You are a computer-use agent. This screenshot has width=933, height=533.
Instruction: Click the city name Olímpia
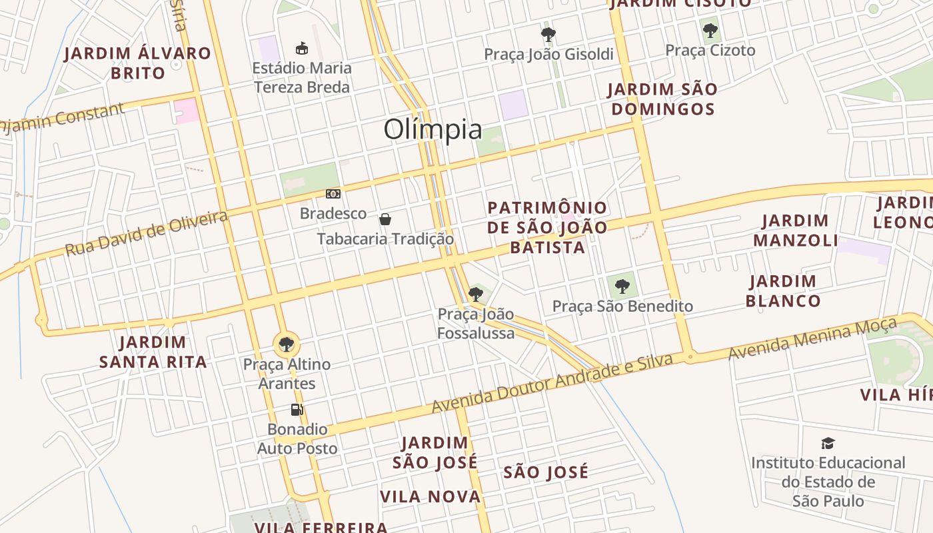pos(433,129)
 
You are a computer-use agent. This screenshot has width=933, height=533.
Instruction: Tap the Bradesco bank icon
pos(333,194)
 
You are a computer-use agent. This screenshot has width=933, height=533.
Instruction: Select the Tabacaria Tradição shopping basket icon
pos(385,219)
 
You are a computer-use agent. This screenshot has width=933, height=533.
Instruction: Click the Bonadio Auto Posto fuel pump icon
pos(297,409)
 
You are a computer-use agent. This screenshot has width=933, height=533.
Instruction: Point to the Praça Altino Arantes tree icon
pos(287,344)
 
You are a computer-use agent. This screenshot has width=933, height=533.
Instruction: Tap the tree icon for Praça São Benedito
pos(622,286)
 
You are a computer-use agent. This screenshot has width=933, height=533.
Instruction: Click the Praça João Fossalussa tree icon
pos(475,294)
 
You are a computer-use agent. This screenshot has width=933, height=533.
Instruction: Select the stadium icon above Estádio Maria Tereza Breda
pos(302,48)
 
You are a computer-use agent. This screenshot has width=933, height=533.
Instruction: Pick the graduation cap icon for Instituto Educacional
pos(828,443)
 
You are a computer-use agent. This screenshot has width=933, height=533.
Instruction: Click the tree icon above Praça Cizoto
pos(710,30)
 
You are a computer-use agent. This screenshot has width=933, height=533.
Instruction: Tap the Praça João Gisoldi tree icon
pos(548,34)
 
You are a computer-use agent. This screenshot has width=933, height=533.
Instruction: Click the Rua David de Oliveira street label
pos(146,233)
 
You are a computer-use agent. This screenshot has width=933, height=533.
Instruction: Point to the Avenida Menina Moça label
pos(812,339)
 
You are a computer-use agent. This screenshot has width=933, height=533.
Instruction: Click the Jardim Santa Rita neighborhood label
pos(153,352)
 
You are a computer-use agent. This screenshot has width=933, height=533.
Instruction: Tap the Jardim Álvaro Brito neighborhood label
pos(138,63)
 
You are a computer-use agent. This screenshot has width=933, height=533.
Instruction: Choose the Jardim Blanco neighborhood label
pos(783,291)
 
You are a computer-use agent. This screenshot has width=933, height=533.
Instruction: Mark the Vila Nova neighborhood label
pos(431,496)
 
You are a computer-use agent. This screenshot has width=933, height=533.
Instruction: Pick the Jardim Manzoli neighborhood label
pos(796,231)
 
